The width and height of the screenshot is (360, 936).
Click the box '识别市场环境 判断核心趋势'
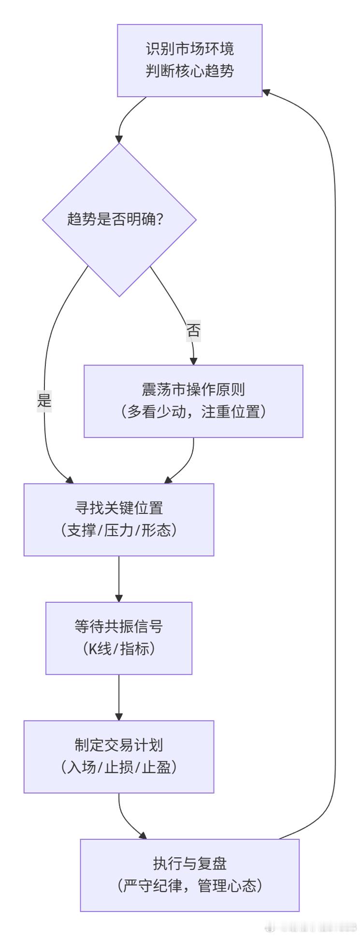point(190,60)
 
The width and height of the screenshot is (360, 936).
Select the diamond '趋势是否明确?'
point(119,220)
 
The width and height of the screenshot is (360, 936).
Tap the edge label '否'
point(193,331)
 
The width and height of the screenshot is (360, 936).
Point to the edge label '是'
point(44,400)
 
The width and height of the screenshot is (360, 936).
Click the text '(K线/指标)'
point(119,649)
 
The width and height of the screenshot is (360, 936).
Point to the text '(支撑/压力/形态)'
point(119,530)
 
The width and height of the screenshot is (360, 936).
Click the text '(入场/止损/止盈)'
point(119,767)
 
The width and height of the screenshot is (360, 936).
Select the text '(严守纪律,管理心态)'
point(189,886)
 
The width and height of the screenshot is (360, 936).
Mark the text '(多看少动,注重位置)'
point(193,412)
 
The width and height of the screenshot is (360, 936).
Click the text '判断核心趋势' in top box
point(190,71)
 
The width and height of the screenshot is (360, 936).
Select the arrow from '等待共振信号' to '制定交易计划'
point(119,697)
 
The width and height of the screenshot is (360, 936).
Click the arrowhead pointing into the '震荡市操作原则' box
point(194,361)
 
